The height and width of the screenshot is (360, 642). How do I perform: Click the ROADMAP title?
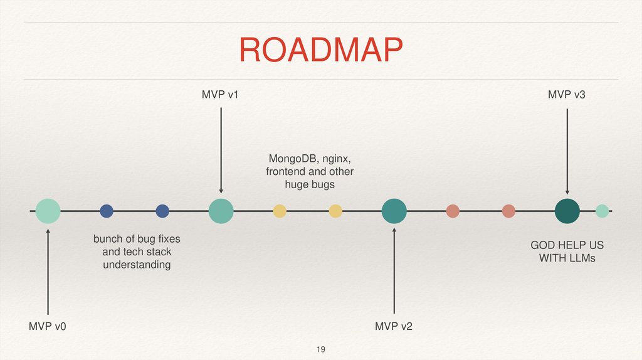[x=320, y=50]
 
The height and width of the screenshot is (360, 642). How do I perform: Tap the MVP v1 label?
[x=220, y=95]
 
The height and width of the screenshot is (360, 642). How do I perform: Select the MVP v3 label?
[x=567, y=95]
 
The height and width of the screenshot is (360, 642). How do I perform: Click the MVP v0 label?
[x=47, y=327]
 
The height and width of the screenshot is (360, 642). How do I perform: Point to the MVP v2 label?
[x=394, y=327]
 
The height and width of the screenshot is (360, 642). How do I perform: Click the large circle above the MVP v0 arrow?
[x=48, y=211]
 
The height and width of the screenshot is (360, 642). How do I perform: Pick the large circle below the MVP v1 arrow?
[x=221, y=211]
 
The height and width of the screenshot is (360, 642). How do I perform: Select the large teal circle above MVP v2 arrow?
[x=394, y=211]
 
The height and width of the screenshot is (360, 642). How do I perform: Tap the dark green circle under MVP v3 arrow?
[x=567, y=211]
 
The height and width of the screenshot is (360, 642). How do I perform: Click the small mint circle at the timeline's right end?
[x=602, y=211]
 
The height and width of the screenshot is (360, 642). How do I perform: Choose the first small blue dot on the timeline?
[x=107, y=211]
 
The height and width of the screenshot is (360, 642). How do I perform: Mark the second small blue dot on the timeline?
[x=162, y=211]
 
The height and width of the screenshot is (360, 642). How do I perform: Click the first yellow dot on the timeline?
[x=280, y=211]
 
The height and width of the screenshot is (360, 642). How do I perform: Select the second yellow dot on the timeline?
[x=335, y=211]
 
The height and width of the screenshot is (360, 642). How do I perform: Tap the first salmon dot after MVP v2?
[x=453, y=211]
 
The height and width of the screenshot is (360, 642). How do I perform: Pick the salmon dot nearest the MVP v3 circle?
[x=508, y=211]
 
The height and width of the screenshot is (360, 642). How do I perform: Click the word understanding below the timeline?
[x=137, y=265]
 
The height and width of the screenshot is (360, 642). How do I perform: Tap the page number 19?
[x=321, y=349]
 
